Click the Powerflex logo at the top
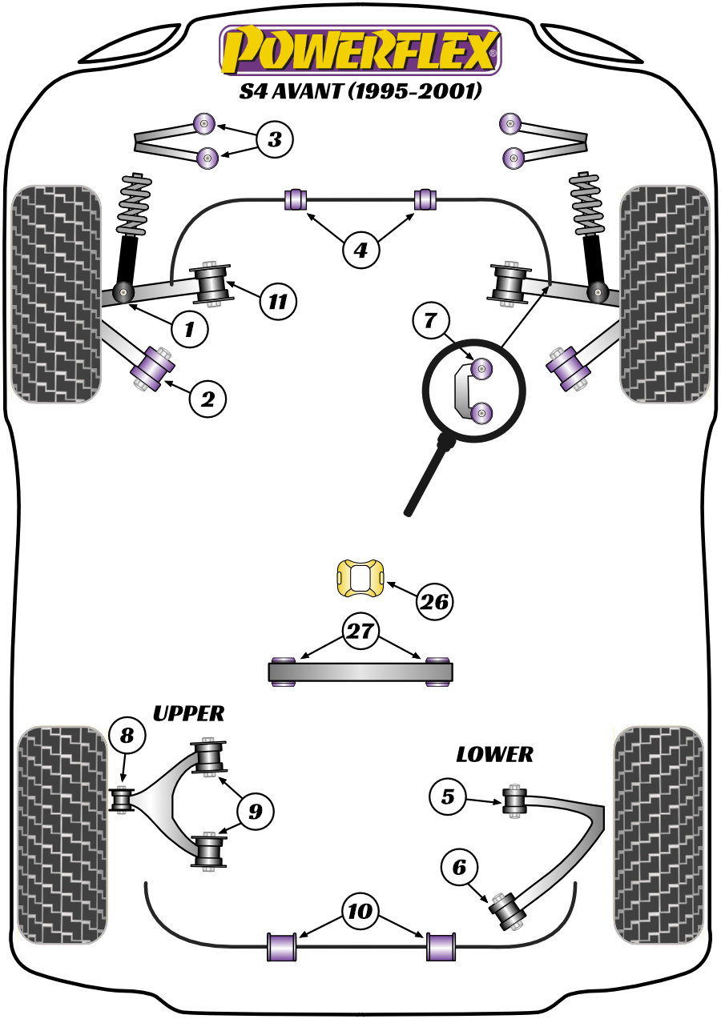[360, 50]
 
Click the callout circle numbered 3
[275, 141]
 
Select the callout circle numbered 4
[360, 251]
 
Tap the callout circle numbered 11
[277, 302]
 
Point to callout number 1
[190, 327]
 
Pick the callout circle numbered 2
[207, 399]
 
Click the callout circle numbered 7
[430, 322]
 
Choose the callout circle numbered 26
[435, 603]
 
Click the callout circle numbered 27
[360, 632]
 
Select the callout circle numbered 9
[255, 812]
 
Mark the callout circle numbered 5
[447, 796]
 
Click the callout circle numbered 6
[458, 866]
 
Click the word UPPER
[188, 713]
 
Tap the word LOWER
[494, 754]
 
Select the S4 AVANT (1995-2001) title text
[360, 92]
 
